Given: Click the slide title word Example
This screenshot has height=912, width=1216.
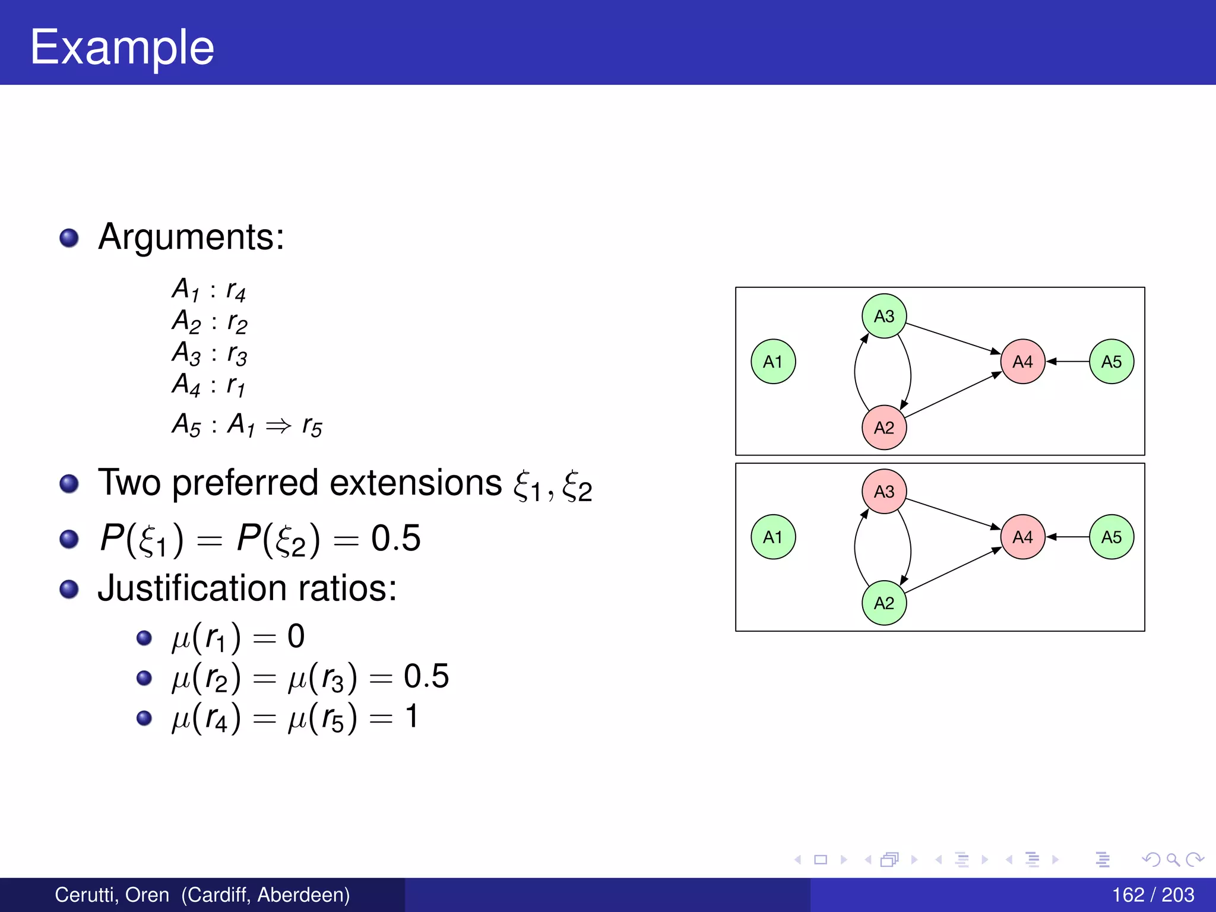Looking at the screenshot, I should click(x=122, y=47).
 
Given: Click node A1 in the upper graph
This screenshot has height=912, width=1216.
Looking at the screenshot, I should click(x=773, y=362).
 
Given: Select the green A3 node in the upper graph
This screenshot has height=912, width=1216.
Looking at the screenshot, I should click(x=884, y=316).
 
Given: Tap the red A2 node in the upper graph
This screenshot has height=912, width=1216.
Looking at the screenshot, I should click(x=884, y=427).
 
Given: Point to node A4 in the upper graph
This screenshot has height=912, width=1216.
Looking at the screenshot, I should click(x=1022, y=362).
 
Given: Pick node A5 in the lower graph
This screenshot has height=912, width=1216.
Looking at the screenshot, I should click(x=1111, y=537).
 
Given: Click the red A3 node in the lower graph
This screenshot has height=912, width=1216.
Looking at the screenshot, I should click(x=884, y=492).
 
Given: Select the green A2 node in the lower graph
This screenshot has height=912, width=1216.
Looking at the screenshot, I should click(x=884, y=603).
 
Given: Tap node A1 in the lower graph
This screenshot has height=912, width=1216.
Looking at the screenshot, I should click(x=773, y=537).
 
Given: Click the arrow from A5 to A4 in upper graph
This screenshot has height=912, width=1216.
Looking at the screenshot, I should click(x=1068, y=361).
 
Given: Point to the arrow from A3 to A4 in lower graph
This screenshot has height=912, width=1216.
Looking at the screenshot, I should click(x=953, y=514).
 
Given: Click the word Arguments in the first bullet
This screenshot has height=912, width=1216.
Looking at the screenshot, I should click(x=191, y=237).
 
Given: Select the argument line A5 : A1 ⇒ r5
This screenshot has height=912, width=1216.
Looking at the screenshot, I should click(x=247, y=425).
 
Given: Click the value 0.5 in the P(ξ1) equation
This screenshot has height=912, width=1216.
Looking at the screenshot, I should click(x=395, y=539).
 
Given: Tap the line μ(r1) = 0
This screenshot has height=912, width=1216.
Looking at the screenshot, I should click(x=238, y=637).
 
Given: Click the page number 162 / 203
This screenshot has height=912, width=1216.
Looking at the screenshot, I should click(x=1152, y=895).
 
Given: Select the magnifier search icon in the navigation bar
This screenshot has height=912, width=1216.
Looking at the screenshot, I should click(x=1173, y=859).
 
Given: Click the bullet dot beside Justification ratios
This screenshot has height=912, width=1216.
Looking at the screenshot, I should click(x=69, y=590).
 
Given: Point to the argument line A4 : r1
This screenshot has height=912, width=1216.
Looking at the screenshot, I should click(x=208, y=385).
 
